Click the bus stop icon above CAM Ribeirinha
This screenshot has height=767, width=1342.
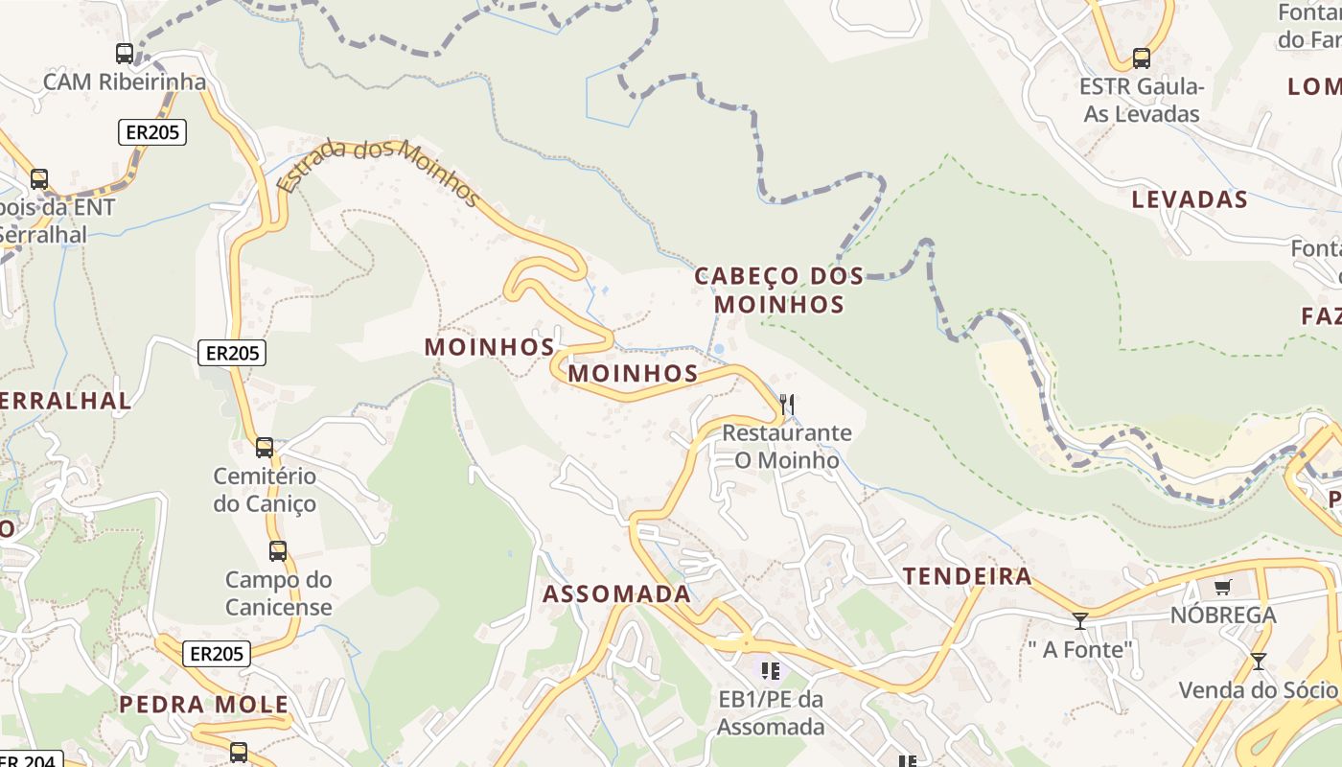click(x=125, y=54)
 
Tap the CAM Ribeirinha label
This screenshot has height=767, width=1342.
click(x=125, y=82)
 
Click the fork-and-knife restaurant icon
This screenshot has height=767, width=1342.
click(x=787, y=405)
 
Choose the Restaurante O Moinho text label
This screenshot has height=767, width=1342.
click(x=787, y=447)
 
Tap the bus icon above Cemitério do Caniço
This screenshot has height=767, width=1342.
click(x=265, y=448)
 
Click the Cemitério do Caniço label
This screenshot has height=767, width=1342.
click(x=265, y=490)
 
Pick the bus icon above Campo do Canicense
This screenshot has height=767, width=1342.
click(x=278, y=551)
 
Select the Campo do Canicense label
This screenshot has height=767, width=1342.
click(x=279, y=593)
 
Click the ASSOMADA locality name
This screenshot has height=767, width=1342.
click(x=616, y=594)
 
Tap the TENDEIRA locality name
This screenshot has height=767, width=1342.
click(x=968, y=576)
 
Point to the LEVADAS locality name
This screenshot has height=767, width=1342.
click(x=1190, y=200)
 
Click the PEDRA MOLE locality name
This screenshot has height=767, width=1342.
click(x=203, y=705)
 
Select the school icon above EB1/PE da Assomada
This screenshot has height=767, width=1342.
click(x=771, y=670)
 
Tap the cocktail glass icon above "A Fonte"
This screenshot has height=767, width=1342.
click(x=1080, y=620)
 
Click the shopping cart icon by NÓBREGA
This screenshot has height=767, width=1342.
click(x=1222, y=587)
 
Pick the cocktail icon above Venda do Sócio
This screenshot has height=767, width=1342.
click(x=1258, y=662)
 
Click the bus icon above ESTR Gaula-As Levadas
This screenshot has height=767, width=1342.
click(x=1141, y=58)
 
